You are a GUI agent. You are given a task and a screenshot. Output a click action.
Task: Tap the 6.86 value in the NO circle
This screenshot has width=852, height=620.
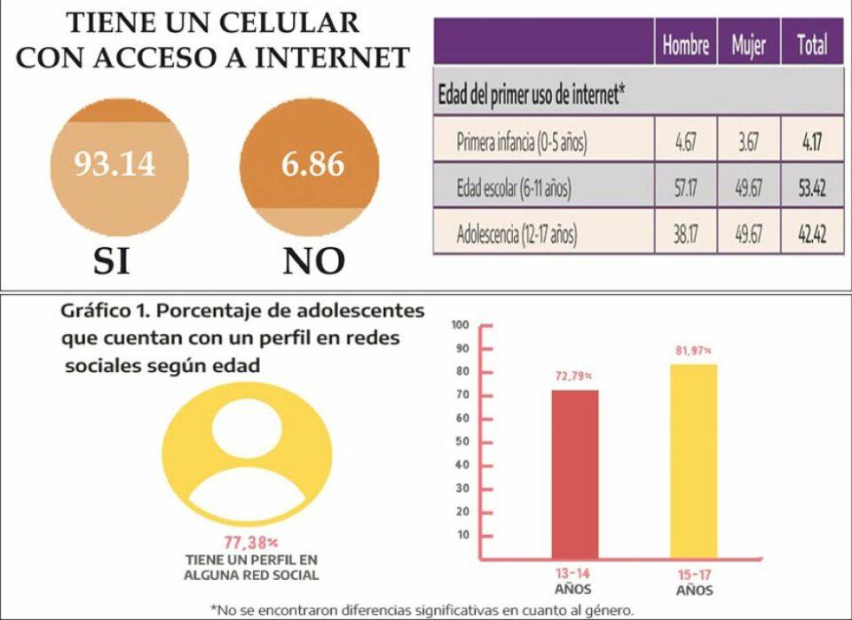[312, 164]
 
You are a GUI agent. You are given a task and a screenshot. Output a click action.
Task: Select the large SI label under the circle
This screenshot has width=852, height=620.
[112, 260]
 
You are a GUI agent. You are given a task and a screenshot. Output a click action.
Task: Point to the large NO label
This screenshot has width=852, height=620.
[313, 260]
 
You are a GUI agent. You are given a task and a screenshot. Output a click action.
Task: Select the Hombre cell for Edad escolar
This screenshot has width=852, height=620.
[684, 188]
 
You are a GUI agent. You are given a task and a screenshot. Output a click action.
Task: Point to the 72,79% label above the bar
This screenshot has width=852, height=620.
[576, 377]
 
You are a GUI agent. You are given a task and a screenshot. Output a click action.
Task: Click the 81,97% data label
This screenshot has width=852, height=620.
[693, 352]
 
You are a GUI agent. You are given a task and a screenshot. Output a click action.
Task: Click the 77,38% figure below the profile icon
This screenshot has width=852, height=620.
[251, 541]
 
